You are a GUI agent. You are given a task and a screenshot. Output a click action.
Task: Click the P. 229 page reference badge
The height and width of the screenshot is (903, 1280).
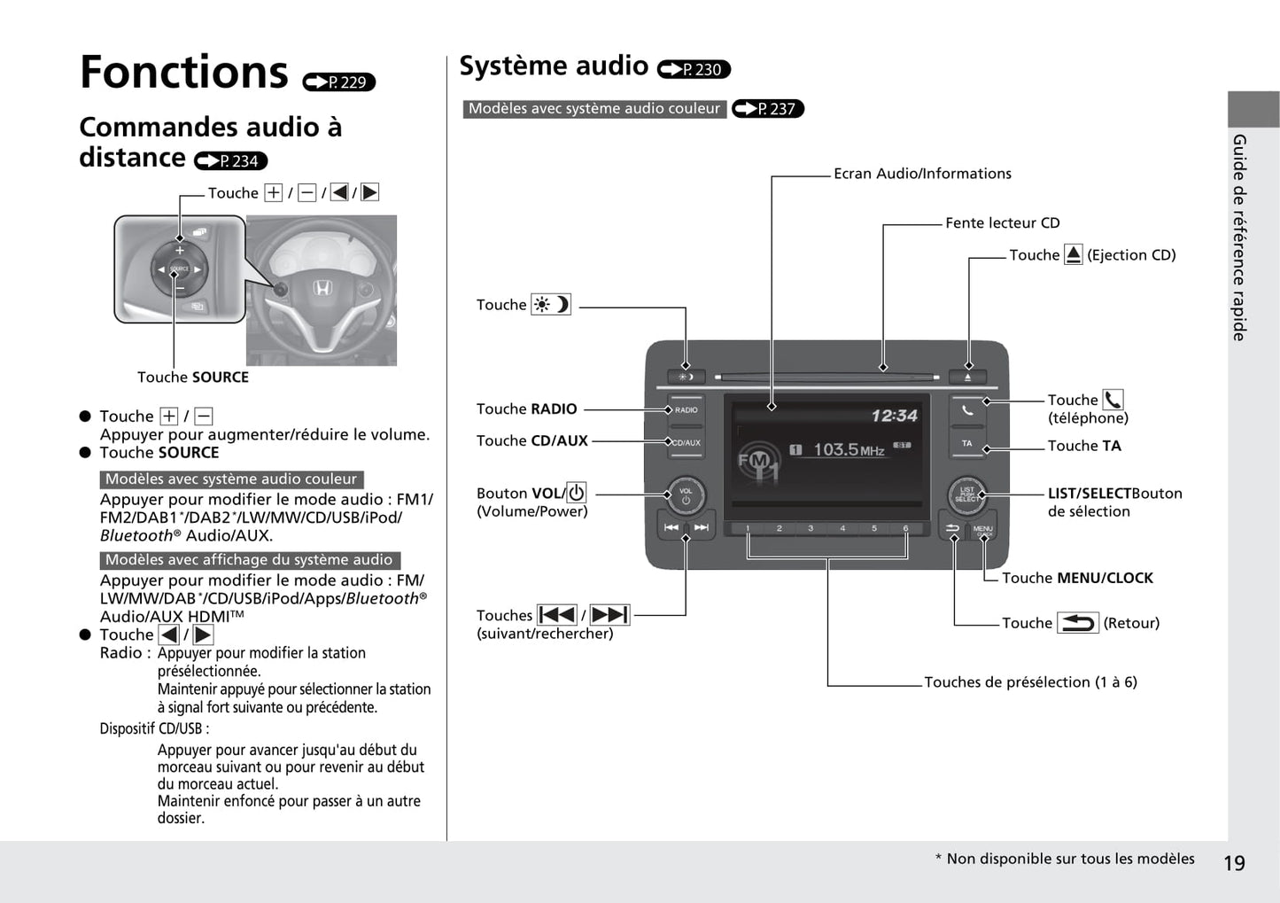click(x=339, y=82)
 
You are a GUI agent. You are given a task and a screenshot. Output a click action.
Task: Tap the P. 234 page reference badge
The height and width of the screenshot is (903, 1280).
click(x=231, y=160)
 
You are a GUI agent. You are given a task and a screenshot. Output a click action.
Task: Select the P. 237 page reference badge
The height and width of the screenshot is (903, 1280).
click(x=768, y=109)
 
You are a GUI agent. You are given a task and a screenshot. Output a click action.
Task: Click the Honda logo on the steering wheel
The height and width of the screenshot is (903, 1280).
click(x=322, y=288)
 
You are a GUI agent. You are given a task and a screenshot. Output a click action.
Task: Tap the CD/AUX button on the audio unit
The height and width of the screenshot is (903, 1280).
click(x=686, y=442)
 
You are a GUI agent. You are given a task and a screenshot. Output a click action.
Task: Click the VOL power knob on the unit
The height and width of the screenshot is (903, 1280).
click(x=686, y=495)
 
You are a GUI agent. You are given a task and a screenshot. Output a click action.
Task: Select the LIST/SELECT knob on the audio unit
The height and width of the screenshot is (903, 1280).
click(x=966, y=494)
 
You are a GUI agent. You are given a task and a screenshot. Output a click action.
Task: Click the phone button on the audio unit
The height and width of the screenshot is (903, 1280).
click(x=967, y=410)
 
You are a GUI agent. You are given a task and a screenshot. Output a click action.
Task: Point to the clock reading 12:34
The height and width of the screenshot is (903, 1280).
click(x=894, y=416)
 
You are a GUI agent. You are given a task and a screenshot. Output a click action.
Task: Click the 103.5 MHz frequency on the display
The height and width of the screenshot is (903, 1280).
click(x=848, y=450)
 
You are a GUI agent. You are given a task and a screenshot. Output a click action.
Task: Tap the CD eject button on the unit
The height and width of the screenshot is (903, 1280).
click(x=968, y=377)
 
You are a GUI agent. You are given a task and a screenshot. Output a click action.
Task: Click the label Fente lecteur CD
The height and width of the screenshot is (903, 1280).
click(x=1002, y=223)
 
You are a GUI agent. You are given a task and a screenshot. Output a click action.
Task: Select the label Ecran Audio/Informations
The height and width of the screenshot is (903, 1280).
click(x=922, y=174)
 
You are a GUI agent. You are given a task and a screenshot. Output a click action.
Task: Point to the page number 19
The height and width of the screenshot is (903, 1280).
click(x=1234, y=863)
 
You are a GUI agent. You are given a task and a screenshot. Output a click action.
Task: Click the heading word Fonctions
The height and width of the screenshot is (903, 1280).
click(x=184, y=73)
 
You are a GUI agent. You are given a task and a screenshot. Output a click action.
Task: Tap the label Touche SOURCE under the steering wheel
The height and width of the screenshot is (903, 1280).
click(x=193, y=378)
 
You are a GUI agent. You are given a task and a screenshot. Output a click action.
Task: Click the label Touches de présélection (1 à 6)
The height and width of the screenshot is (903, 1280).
click(x=1030, y=682)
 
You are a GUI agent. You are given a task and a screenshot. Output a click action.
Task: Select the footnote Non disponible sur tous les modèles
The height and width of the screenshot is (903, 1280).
click(x=1070, y=859)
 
